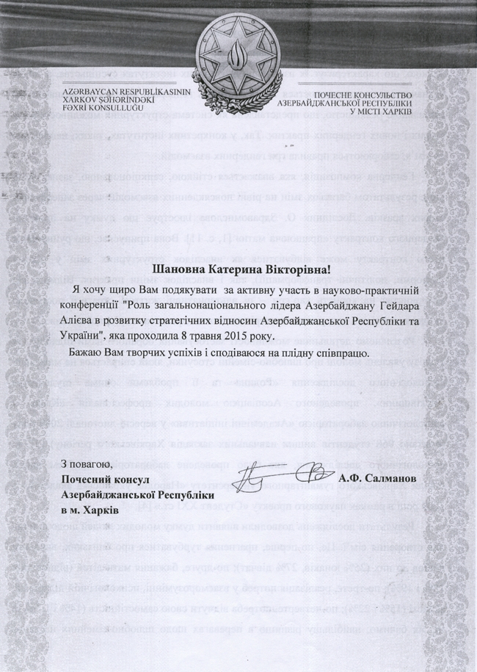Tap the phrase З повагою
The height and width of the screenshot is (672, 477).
click(87, 463)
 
